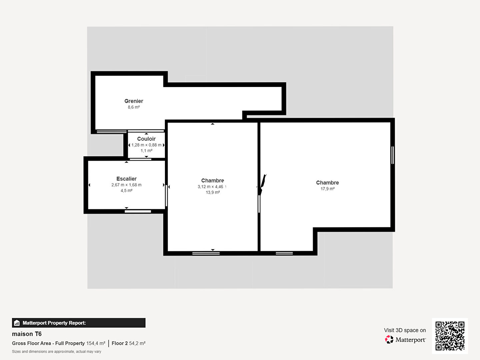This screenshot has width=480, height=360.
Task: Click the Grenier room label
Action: pos(134,101)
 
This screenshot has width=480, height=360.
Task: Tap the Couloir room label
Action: pos(146,139)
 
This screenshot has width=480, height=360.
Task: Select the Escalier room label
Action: pos(126,179)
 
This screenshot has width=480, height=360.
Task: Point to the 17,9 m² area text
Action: pos(327,189)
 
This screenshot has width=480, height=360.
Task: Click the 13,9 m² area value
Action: pos(213,192)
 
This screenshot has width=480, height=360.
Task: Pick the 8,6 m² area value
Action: pos(134,107)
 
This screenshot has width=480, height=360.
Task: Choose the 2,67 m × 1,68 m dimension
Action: pos(126,185)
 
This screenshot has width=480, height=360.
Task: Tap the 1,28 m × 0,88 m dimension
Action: pos(146,145)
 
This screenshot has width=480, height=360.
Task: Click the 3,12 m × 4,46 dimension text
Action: pos(210,187)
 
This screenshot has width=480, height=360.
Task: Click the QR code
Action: pos(450,336)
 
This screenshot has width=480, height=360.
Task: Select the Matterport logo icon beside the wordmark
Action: pos(389,339)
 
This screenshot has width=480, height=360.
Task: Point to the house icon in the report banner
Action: pos(17,323)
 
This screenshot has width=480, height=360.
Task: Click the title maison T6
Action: pos(27,334)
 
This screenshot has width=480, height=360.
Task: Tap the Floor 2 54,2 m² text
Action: pos(129,343)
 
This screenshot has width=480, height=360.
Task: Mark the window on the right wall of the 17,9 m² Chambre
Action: pos(393,155)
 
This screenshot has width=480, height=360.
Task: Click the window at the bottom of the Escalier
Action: pos(138,211)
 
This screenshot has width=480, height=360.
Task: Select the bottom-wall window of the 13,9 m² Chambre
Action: pos(206,253)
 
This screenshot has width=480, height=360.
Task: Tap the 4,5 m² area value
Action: pos(126,191)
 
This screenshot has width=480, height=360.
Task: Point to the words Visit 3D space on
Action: pos(405,330)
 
